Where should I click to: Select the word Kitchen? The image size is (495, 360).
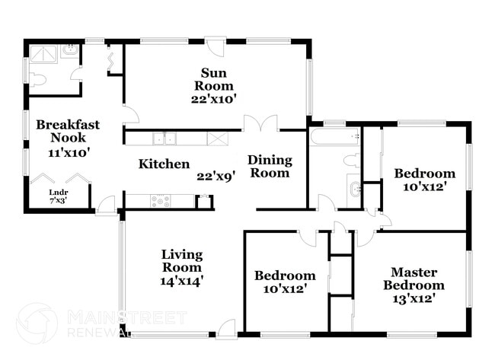point(164,164)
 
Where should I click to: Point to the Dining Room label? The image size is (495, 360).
point(270,166)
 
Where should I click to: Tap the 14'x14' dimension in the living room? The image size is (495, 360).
point(181,280)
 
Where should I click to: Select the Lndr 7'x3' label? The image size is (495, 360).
point(58,196)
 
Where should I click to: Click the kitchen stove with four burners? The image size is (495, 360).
point(161,201)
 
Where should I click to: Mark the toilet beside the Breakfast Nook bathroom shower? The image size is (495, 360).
point(39,78)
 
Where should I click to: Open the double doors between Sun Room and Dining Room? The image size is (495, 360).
point(260,123)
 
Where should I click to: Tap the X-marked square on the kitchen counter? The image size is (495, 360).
point(218,138)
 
